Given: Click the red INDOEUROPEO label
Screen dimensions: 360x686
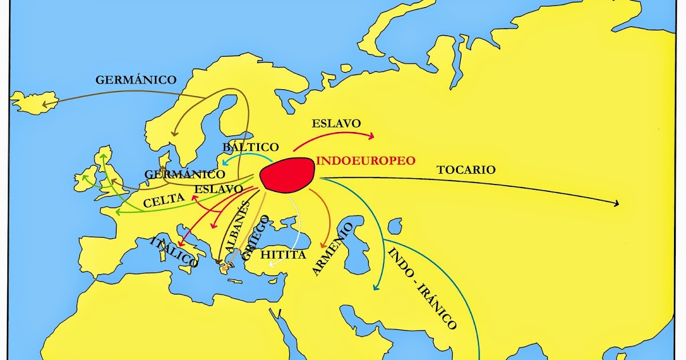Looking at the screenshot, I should [x=365, y=161].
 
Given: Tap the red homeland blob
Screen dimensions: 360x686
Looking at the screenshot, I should [x=287, y=174].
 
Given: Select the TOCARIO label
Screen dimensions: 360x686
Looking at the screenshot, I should [x=466, y=170].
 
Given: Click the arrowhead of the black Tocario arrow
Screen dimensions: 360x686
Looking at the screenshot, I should [x=617, y=203].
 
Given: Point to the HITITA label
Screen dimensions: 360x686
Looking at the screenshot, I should [x=283, y=255].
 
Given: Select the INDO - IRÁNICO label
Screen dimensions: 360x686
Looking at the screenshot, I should [x=422, y=289].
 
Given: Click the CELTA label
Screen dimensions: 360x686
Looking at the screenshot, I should [x=164, y=200].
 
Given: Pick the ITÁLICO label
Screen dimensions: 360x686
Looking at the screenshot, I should [x=173, y=252].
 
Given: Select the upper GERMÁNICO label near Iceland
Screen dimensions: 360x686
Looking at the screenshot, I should [x=136, y=79].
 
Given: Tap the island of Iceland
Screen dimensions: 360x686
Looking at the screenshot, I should [x=34, y=101].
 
